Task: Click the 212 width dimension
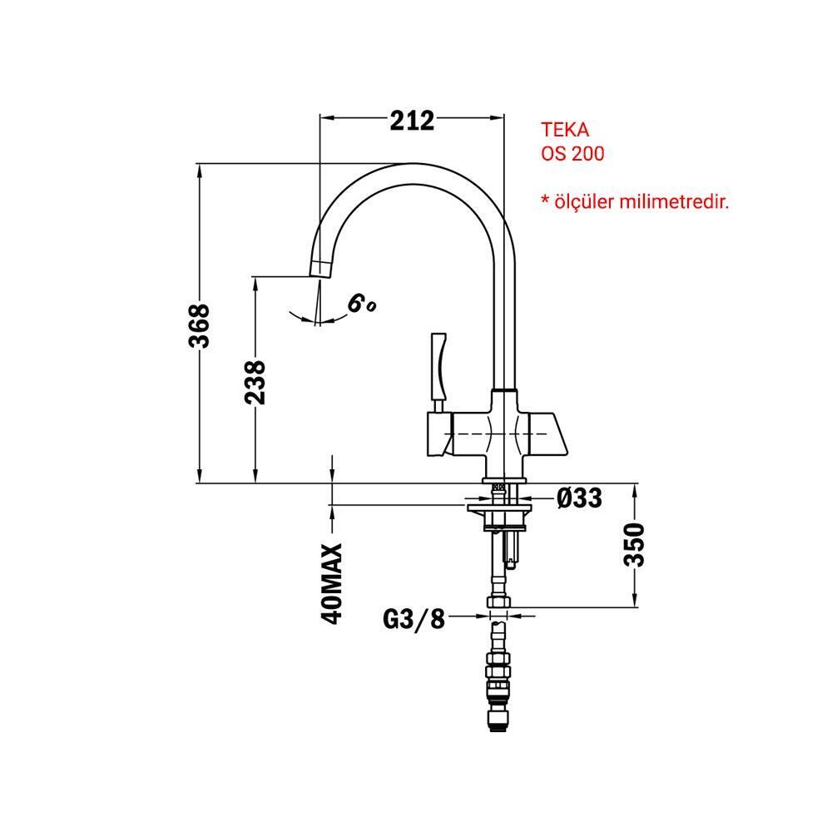pyautogui.click(x=412, y=121)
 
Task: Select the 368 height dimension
pyautogui.click(x=199, y=326)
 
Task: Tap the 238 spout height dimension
pyautogui.click(x=255, y=382)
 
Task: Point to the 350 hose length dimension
pyautogui.click(x=634, y=545)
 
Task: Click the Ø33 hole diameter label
pyautogui.click(x=579, y=498)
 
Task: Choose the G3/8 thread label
pyautogui.click(x=414, y=619)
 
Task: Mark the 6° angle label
pyautogui.click(x=362, y=304)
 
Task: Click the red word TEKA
pyautogui.click(x=565, y=130)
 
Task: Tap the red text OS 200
pyautogui.click(x=572, y=154)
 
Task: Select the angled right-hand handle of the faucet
pyautogui.click(x=547, y=434)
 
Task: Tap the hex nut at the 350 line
pyautogui.click(x=498, y=602)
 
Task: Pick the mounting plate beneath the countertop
pyautogui.click(x=498, y=509)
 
